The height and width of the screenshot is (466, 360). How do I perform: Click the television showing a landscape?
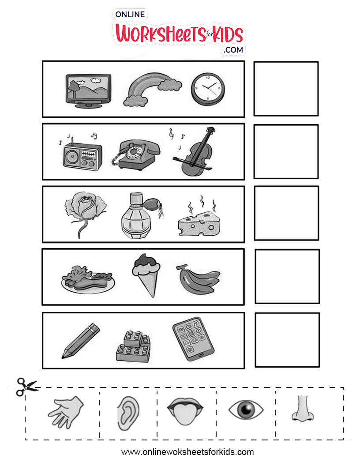[x=88, y=91]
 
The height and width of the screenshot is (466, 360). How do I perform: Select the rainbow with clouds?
[x=152, y=89]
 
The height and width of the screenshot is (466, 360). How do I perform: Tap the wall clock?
[x=208, y=90]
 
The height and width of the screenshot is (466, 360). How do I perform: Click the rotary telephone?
[x=135, y=154]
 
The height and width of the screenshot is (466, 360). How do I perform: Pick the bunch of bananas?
[x=199, y=279]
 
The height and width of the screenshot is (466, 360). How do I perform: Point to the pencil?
[x=81, y=341]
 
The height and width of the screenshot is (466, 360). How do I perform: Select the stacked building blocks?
[x=133, y=346]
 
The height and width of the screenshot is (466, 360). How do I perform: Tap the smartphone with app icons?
[x=193, y=339]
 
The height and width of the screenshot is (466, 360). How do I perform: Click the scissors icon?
[x=26, y=387]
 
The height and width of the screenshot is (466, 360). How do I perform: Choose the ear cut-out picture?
[x=128, y=414]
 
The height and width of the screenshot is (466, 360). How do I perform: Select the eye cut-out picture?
[x=246, y=410]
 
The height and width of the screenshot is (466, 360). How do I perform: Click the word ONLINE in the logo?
[x=130, y=14]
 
